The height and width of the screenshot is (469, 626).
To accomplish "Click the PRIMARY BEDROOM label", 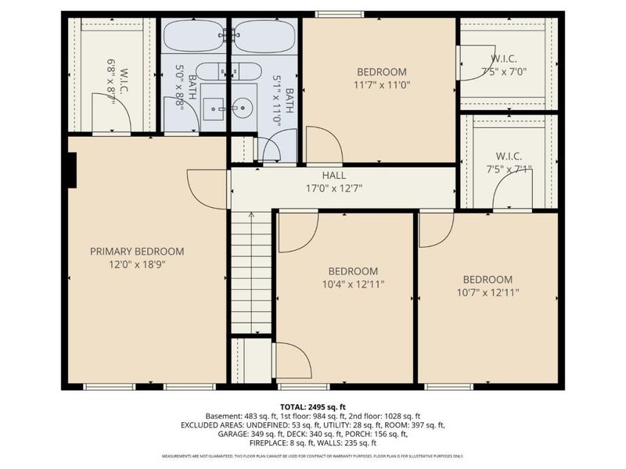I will [x=137, y=251].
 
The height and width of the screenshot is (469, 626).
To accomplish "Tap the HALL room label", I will [x=333, y=176].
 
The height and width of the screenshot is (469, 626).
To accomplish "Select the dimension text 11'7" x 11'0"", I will [x=382, y=85].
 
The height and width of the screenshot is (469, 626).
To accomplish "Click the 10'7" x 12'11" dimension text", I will [x=487, y=292].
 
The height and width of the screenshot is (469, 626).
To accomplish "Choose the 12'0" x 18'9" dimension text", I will [x=137, y=264].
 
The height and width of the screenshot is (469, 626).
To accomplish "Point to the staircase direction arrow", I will [x=251, y=215].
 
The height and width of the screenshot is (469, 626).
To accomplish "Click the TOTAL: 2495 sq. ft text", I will [x=312, y=406].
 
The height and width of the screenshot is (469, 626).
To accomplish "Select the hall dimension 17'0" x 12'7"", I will [x=333, y=188].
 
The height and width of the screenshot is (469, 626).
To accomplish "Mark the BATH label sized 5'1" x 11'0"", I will [x=290, y=102].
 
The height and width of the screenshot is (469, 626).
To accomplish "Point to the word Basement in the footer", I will [x=222, y=416].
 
